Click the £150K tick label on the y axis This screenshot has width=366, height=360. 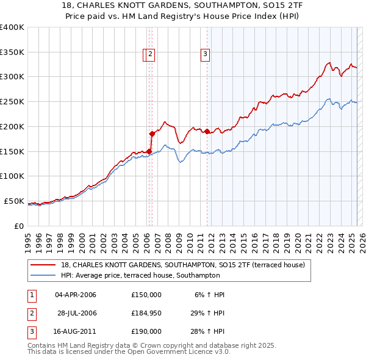click(x=12, y=151)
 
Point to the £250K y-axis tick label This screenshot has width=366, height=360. click(x=12, y=101)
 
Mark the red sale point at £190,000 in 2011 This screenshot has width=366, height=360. click(x=207, y=131)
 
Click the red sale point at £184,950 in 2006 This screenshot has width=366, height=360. click(x=152, y=133)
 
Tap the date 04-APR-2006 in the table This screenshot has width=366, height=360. click(x=76, y=295)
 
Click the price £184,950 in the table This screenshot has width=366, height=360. click(x=146, y=313)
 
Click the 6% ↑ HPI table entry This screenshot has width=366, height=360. click(x=210, y=295)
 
